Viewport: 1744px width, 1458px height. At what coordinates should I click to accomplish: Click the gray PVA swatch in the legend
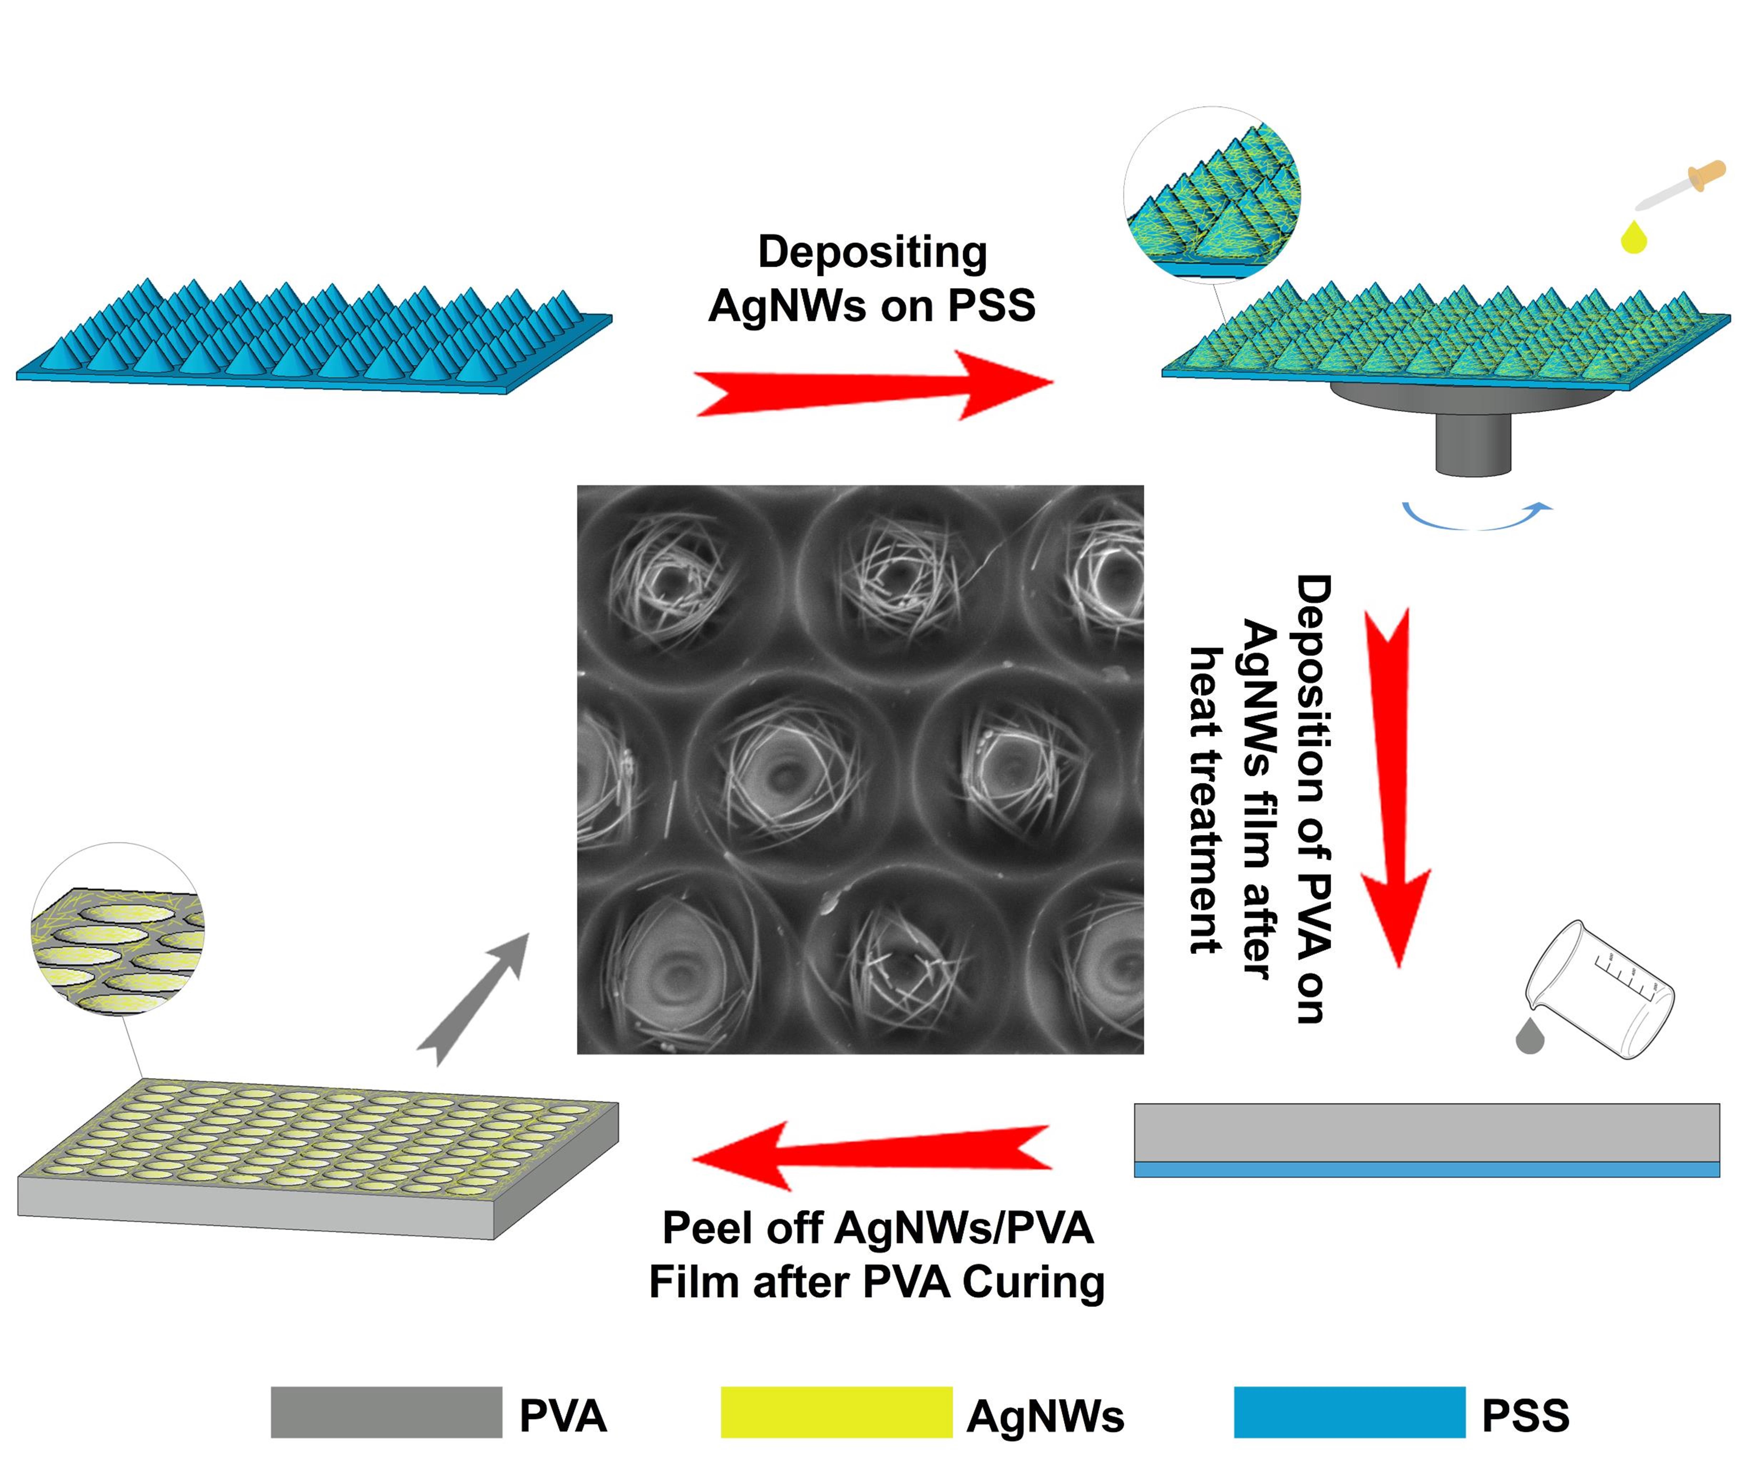(386, 1412)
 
